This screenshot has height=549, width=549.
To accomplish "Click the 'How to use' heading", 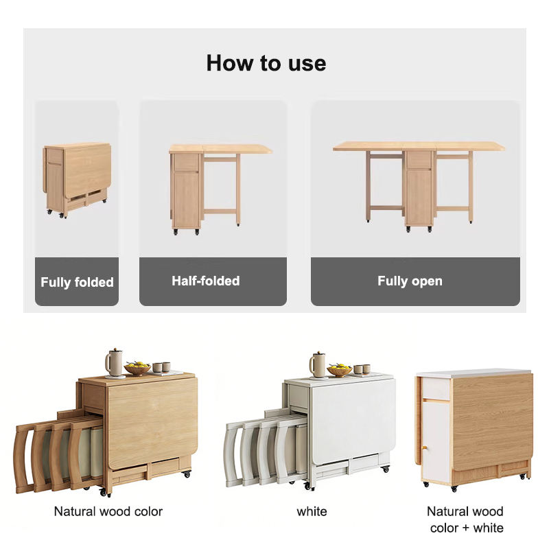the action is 266,63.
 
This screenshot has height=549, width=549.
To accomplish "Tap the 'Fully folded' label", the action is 77,282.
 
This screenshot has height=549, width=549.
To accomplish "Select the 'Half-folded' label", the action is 206,281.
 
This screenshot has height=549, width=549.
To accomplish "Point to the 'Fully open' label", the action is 410,281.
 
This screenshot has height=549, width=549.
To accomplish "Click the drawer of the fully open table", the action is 419,159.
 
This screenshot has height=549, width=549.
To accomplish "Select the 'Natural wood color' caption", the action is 108,511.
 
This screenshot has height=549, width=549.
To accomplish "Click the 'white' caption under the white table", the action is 312,511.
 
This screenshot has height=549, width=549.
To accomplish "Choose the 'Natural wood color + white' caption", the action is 465,519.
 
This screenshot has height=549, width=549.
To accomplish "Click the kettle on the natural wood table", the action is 114,364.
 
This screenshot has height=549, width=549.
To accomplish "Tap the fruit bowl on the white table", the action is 339,370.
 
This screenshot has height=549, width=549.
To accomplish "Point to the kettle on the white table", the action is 318,365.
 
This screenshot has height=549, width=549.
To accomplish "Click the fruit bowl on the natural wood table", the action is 137,369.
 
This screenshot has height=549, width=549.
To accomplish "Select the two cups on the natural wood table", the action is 161,367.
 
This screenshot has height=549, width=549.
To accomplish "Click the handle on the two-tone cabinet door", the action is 424,448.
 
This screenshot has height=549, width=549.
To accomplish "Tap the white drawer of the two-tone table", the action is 436,388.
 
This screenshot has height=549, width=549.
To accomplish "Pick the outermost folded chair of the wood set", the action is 25,458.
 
